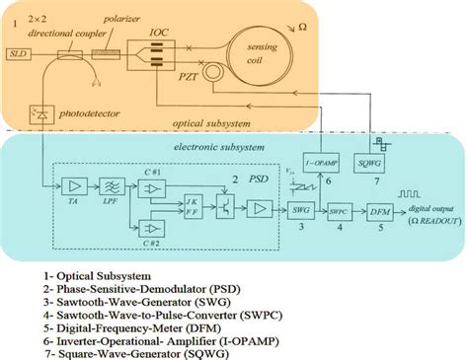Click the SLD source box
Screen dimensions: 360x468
pos(17,53)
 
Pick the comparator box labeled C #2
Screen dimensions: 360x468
pos(151,228)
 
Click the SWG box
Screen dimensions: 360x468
pos(302,208)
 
